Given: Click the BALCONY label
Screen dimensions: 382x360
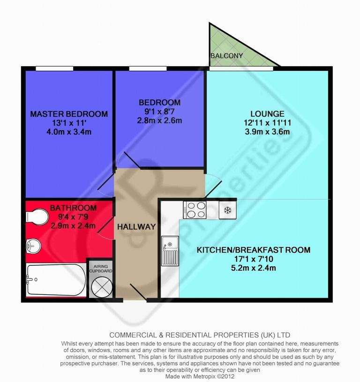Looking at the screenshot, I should tap(227, 56).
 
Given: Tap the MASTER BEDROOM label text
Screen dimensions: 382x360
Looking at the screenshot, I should tap(69, 114).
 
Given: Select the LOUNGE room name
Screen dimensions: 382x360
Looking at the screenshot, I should tap(267, 113).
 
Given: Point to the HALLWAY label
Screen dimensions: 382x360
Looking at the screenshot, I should tap(136, 226).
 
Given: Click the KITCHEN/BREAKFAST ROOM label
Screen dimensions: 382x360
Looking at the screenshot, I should tap(253, 250).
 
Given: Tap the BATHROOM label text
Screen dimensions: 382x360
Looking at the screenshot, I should tap(73, 208).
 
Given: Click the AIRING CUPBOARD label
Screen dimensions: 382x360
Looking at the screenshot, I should tap(100, 269).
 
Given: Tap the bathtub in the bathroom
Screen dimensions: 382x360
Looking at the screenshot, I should tap(55, 280).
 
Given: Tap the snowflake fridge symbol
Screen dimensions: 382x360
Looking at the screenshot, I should tap(228, 209).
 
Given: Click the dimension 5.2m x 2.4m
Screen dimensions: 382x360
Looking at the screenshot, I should tap(253, 268).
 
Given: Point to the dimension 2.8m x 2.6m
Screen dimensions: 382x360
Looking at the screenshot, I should tap(159, 120).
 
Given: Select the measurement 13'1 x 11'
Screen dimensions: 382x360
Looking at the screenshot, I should tap(69, 123).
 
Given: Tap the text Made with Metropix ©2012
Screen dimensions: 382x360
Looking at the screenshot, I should tap(200, 376).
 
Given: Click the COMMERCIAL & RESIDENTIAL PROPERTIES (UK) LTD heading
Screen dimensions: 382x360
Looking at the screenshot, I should tap(200, 335).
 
